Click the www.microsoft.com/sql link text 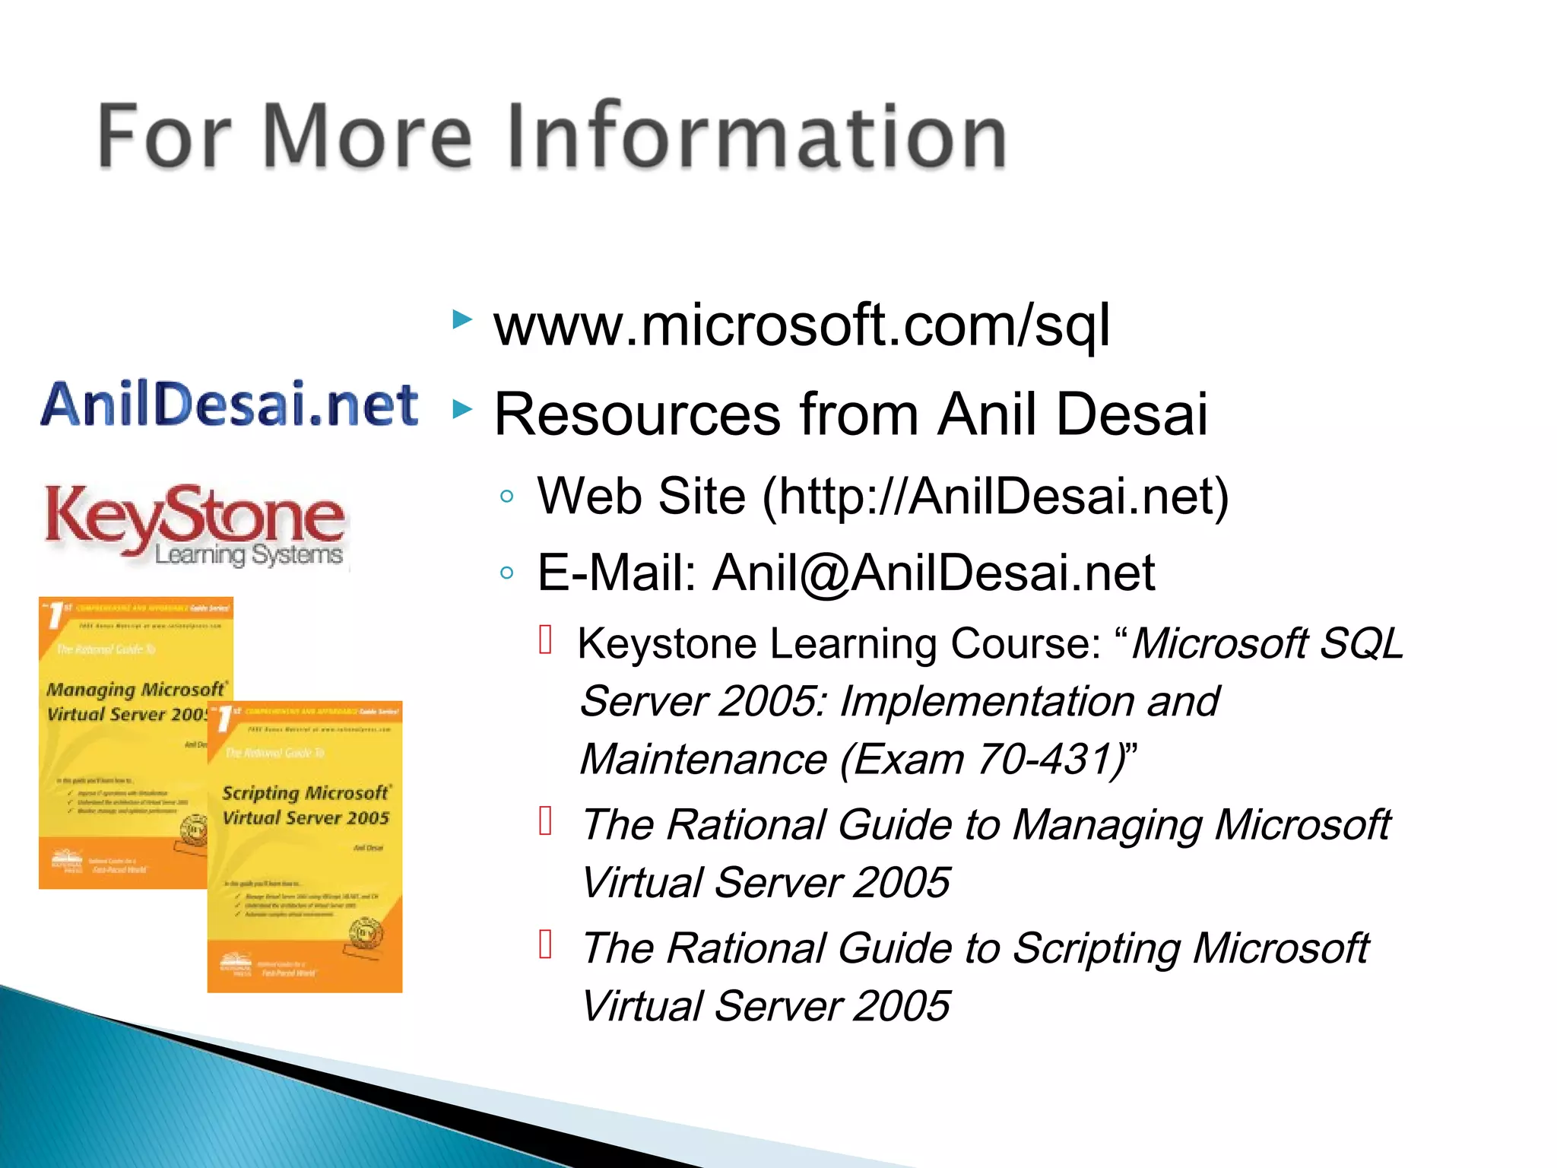tap(801, 325)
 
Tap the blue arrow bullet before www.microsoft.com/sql tap(461, 319)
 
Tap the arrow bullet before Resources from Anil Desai tap(461, 410)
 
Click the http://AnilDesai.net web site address tap(996, 497)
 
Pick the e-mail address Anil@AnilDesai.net tap(934, 573)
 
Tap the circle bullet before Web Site tap(507, 497)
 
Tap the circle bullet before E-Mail tap(507, 573)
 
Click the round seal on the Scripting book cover tap(365, 934)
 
